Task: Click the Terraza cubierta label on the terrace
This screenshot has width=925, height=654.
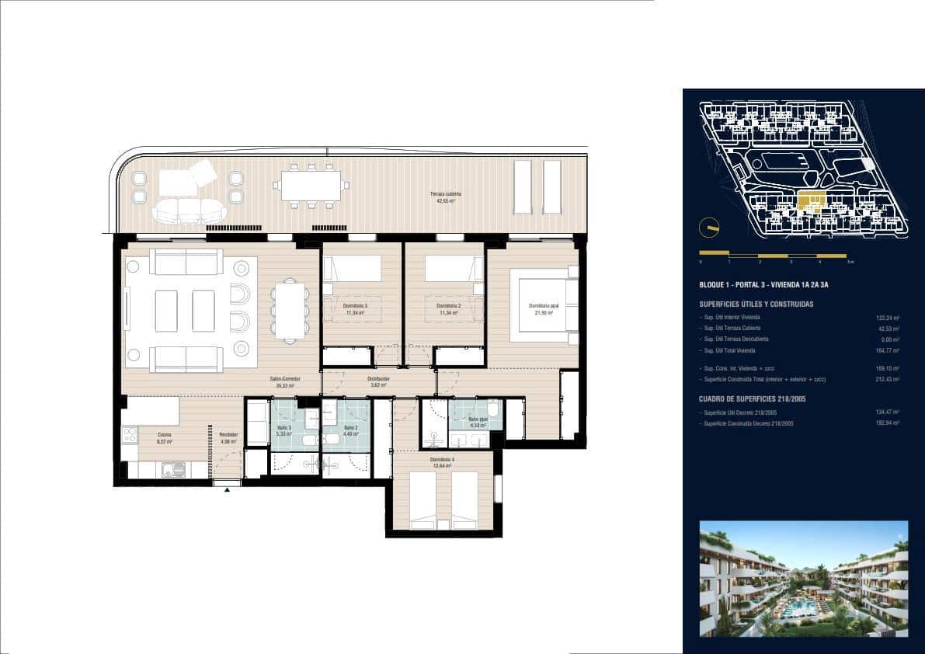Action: pos(443,197)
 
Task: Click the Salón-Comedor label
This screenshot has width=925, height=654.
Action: pos(286,381)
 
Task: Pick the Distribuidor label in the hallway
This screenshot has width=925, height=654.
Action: pos(378,381)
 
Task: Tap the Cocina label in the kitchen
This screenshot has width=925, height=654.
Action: pos(165,437)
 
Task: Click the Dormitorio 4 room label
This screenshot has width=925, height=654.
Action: pos(443,462)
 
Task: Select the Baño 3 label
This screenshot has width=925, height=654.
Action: pos(283,430)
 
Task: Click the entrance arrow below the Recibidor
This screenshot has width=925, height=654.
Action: pos(227,489)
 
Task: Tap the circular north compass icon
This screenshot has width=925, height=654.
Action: pos(708,228)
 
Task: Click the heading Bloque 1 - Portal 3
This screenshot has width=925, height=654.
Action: pos(763,286)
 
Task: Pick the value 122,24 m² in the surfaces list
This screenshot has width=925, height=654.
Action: pos(885,318)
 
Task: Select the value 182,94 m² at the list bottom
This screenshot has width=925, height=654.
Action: pos(885,424)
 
